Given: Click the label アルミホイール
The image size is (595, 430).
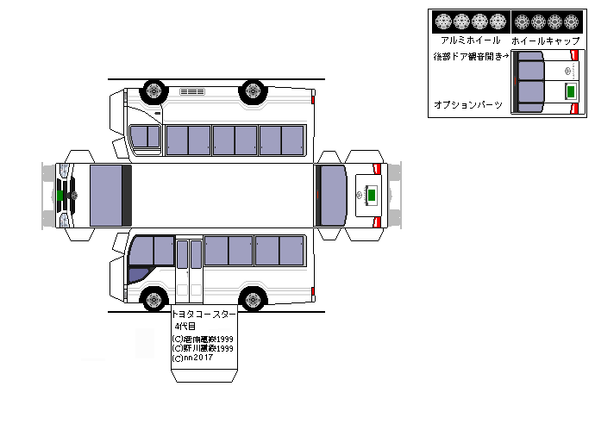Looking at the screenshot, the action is point(470,41).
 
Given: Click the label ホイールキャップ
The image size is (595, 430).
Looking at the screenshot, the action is point(544,41).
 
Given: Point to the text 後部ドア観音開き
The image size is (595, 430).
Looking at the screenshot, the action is point(470,56).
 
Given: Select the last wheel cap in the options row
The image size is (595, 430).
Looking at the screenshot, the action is point(573,22).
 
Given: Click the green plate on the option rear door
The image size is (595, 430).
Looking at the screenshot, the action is point(570,90).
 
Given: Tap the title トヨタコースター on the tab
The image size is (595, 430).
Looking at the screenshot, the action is point(204,315).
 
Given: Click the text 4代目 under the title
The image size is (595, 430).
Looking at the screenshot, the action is point(185,327).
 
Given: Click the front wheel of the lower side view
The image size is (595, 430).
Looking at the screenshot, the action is point(154,301).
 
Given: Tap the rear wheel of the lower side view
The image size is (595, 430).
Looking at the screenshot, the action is point(252,301).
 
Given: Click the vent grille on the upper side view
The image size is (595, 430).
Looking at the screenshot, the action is point(191,90).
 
